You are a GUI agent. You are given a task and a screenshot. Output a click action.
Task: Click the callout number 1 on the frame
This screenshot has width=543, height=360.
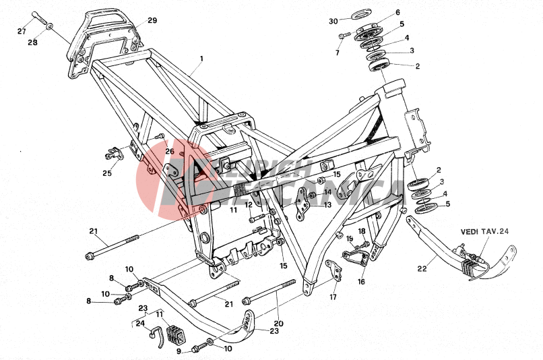(x=200, y=59)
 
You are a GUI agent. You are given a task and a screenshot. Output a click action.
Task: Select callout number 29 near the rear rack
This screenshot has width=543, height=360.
(x=152, y=21)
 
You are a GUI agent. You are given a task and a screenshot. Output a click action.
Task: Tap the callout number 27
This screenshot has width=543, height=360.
(x=22, y=32)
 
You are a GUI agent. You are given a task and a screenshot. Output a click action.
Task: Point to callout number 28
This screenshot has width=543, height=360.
(x=32, y=42)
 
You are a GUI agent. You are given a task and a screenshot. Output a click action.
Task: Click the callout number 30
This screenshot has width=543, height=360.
(x=333, y=21)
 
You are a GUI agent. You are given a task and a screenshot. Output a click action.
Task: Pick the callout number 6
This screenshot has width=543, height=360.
(x=416, y=12)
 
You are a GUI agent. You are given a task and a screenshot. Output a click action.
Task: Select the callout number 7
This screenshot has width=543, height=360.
(x=338, y=53)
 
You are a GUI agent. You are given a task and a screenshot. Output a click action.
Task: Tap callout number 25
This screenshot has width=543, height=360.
(x=107, y=173)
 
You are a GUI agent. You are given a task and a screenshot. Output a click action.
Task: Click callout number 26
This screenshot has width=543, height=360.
(x=170, y=151)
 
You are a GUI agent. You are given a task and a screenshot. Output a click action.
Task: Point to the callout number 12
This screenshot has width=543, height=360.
(x=248, y=204)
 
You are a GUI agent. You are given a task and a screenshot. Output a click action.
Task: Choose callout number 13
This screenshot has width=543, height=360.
(x=327, y=204)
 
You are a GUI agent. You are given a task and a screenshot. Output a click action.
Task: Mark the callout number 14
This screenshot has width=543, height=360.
(x=327, y=192)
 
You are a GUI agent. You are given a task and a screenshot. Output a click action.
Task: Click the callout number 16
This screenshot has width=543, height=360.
(x=361, y=282)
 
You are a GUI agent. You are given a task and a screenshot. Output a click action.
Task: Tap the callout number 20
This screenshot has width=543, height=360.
(x=278, y=324)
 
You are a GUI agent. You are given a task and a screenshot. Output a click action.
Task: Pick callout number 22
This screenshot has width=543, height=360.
(x=422, y=268)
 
